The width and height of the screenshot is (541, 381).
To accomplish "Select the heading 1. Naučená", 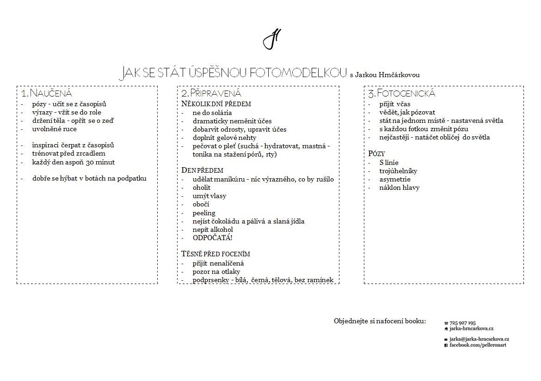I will point(47,93).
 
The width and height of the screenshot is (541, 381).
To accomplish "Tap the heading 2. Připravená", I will point(211,93).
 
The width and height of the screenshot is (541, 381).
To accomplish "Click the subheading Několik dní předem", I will point(216,104).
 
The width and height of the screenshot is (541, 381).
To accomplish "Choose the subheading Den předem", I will point(202,170).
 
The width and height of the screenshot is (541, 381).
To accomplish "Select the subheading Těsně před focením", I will point(215,254).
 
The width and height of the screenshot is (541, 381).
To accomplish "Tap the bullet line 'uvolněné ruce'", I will point(55,129).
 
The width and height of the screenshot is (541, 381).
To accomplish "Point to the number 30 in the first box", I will point(91,162).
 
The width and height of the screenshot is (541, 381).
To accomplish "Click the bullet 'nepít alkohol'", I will point(213,230).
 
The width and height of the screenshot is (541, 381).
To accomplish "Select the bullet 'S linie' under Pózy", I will point(389,163).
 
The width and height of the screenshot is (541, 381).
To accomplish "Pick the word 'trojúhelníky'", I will point(398,171).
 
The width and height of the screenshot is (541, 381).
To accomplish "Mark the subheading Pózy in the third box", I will point(376,153).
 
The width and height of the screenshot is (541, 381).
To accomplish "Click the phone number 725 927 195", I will point(462,323).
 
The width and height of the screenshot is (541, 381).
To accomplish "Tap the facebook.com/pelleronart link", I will point(478,345).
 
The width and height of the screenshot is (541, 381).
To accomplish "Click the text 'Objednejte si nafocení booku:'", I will point(380,321).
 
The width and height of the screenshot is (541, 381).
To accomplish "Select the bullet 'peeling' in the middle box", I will point(204,213).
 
